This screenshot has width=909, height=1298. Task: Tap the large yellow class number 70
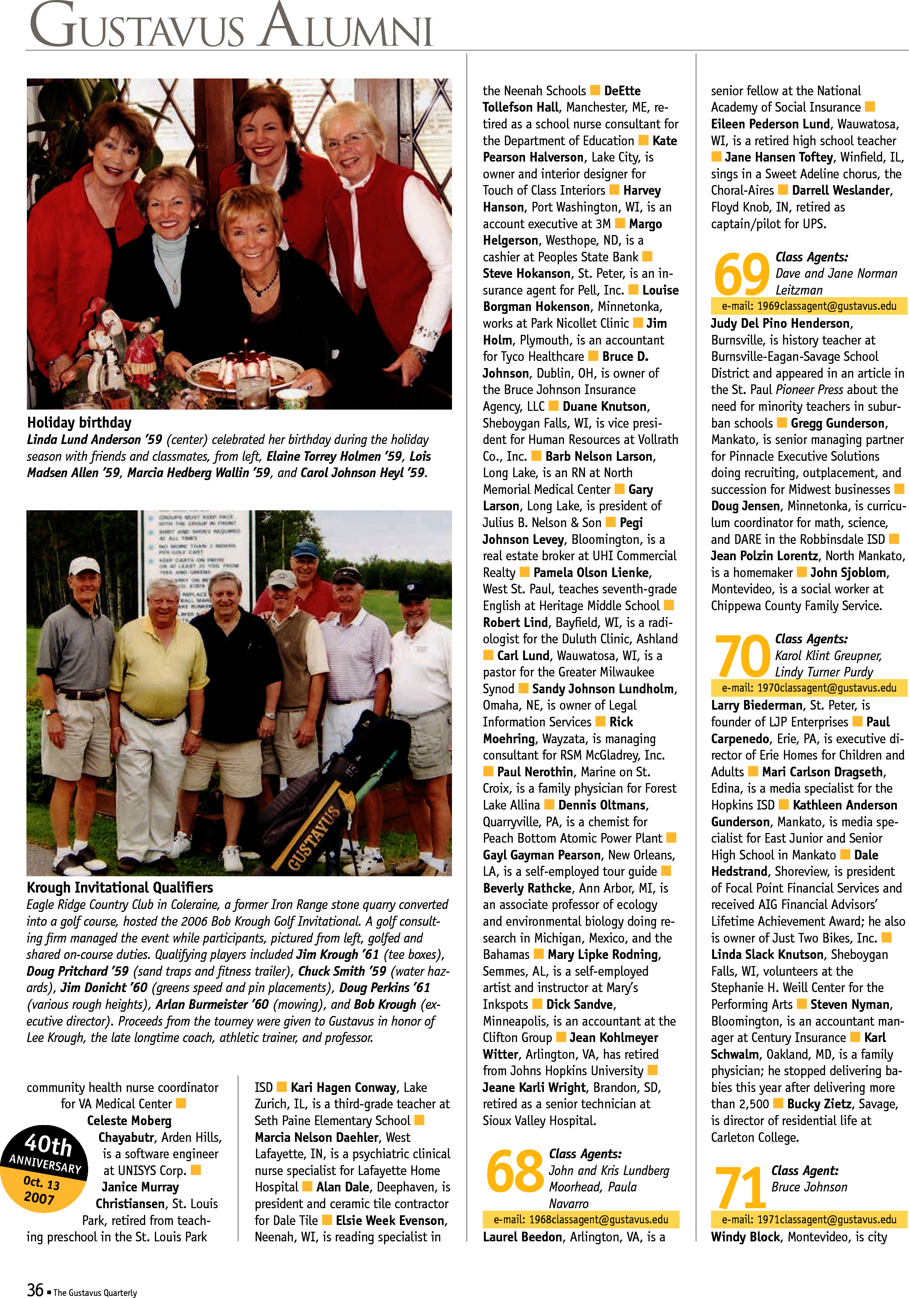pos(741,656)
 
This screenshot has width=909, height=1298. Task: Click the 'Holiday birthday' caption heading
pos(79,422)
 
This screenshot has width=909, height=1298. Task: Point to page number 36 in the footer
pos(35,1289)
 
